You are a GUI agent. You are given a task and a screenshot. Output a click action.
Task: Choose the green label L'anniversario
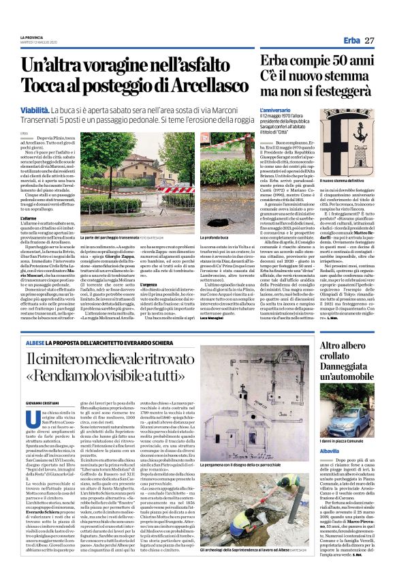274,109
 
